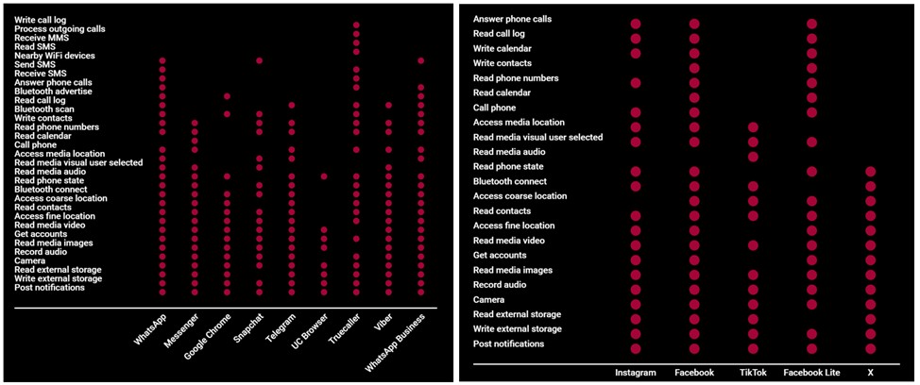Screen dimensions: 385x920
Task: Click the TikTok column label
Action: click(753, 373)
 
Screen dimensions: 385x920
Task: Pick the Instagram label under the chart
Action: click(635, 373)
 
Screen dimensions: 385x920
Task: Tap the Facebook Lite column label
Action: click(811, 373)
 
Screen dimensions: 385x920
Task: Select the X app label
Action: click(870, 373)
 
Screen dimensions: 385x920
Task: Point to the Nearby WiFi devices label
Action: click(54, 56)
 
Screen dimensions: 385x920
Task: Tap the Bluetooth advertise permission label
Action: click(51, 92)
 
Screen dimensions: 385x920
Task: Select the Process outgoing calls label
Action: click(60, 29)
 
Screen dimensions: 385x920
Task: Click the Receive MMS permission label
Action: click(41, 38)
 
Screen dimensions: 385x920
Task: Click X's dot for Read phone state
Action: click(870, 171)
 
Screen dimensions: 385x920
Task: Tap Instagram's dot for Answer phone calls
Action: click(636, 24)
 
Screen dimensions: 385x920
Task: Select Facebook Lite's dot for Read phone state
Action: click(811, 171)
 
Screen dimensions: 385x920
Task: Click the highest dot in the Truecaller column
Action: click(356, 25)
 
